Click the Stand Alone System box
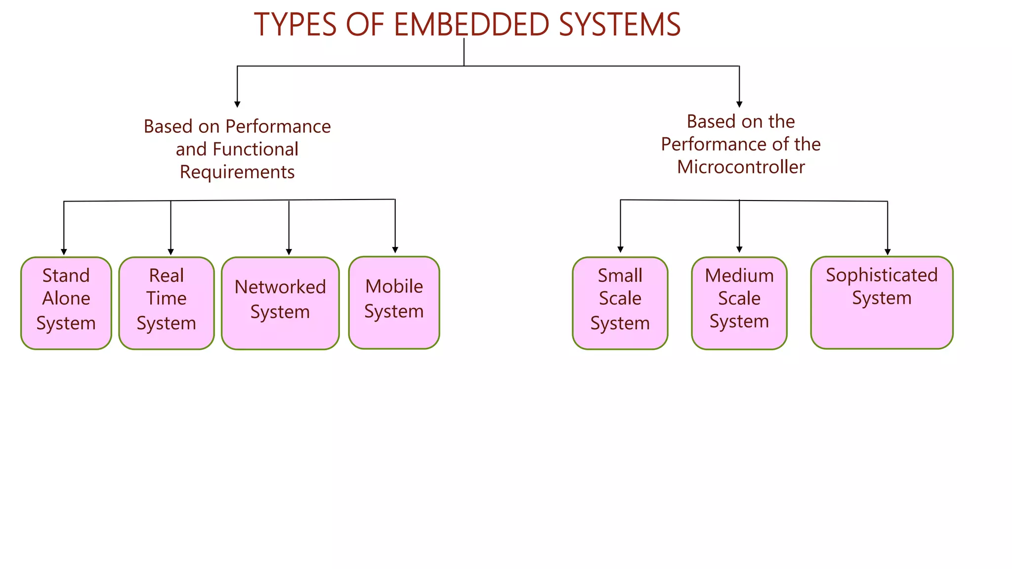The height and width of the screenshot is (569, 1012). (x=66, y=303)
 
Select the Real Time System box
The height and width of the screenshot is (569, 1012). (x=167, y=303)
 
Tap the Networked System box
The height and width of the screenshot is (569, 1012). (x=280, y=303)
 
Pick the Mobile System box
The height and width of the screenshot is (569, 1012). (x=394, y=302)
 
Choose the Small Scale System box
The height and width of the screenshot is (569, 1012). (x=620, y=303)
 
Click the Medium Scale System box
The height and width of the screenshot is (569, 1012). (x=739, y=303)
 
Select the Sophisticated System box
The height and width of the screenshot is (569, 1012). (x=882, y=302)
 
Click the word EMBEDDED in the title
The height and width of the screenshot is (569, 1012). (x=471, y=25)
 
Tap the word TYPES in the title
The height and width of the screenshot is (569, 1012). (x=295, y=25)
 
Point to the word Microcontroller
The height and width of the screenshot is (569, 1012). (x=741, y=167)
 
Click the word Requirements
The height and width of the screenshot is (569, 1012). (x=237, y=172)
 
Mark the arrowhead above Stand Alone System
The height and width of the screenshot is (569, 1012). (x=64, y=252)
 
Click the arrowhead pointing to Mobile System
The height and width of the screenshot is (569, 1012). (x=395, y=250)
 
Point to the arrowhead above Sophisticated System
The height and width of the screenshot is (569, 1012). (x=887, y=252)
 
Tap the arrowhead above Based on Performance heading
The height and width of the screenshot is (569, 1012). (x=237, y=104)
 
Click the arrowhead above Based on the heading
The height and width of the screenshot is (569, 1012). (x=739, y=104)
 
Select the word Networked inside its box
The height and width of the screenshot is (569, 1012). (x=280, y=287)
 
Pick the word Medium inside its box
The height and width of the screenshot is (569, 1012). (x=739, y=276)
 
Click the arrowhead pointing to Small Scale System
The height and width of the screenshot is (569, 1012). (x=620, y=249)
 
